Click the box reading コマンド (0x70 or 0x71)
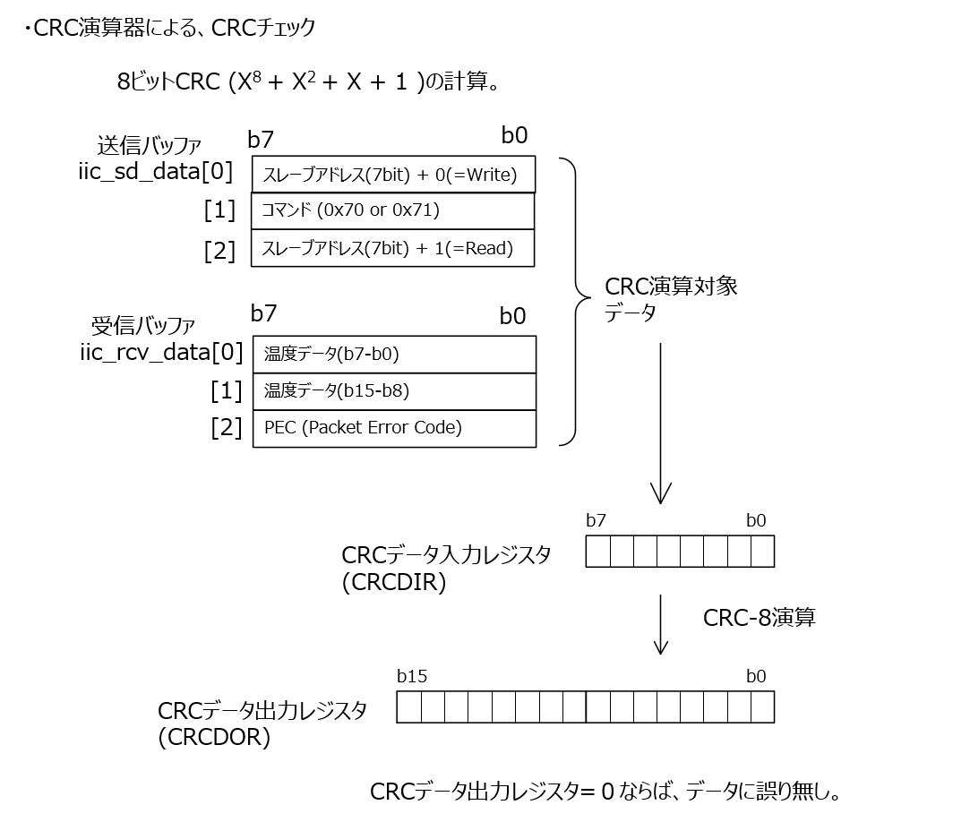coord(393,210)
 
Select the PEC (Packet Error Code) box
coord(394,428)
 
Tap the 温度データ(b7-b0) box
coord(394,354)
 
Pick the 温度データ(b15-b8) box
coord(394,390)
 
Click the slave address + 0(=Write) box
coord(393,175)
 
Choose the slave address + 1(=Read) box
coord(393,248)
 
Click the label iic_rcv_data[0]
coord(161,352)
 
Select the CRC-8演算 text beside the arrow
coord(760,617)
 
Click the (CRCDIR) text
coord(394,583)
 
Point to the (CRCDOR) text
coord(214,739)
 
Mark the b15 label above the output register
coord(412,677)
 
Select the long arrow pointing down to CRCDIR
coord(660,421)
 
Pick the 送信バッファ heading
coord(149,145)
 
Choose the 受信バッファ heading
coord(143,325)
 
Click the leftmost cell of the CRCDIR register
coord(597,552)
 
